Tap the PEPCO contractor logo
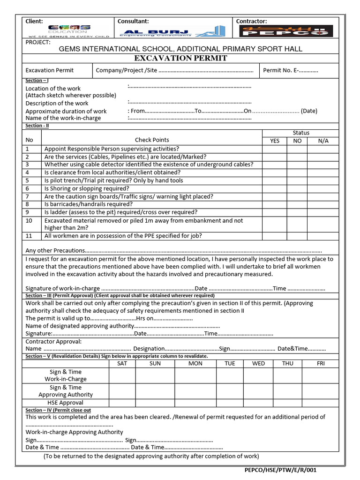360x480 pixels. coord(286,31)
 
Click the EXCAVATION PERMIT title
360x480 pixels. coord(180,58)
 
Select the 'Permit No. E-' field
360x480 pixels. coord(291,70)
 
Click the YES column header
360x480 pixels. coord(274,141)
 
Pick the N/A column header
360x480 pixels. coord(323,141)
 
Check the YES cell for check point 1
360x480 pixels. coord(274,149)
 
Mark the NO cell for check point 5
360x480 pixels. coord(297,180)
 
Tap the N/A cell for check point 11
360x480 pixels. coord(323,236)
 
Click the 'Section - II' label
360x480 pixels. coord(37,126)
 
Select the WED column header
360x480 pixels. coord(258,363)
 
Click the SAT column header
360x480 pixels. coord(122,363)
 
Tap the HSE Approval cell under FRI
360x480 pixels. coord(321,403)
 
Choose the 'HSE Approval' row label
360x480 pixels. coord(65,403)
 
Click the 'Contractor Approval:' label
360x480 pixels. coord(53,341)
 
